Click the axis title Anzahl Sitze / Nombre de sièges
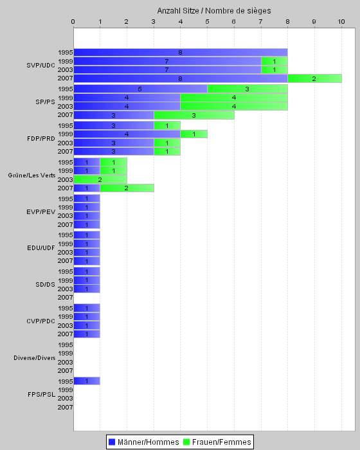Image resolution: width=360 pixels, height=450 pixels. pos(214,11)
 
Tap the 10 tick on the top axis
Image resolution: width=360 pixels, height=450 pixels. pos(341,22)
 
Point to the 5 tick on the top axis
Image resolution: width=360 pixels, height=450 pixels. pos(207,22)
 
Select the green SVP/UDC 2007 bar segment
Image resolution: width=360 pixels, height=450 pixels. pos(314,78)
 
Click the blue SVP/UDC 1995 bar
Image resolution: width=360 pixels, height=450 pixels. pos(181,53)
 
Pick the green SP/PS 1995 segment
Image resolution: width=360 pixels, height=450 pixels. pos(248,89)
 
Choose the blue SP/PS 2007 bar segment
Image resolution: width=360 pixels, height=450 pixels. pos(114,115)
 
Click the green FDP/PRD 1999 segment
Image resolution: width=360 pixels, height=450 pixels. pos(194,134)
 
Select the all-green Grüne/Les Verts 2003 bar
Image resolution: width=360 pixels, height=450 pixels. pos(100,179)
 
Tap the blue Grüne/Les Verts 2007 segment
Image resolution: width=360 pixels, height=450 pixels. pos(87,188)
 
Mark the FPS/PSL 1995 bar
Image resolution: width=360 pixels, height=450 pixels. pos(87,381)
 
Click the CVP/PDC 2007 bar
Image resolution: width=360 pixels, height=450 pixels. pos(87,334)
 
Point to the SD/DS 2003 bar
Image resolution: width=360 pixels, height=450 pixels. pos(87,289)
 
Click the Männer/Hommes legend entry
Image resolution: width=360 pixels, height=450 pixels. pos(144,442)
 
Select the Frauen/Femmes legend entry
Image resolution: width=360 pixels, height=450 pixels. pos(217,442)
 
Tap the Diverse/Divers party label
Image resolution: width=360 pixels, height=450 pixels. pos(35,358)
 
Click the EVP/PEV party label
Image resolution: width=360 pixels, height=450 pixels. pos(40,212)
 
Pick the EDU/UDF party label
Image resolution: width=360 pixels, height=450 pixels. pos(41,248)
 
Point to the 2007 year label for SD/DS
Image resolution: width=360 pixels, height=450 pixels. pos(65,297)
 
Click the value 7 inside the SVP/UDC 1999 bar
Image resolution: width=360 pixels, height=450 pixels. pos(166,61)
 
